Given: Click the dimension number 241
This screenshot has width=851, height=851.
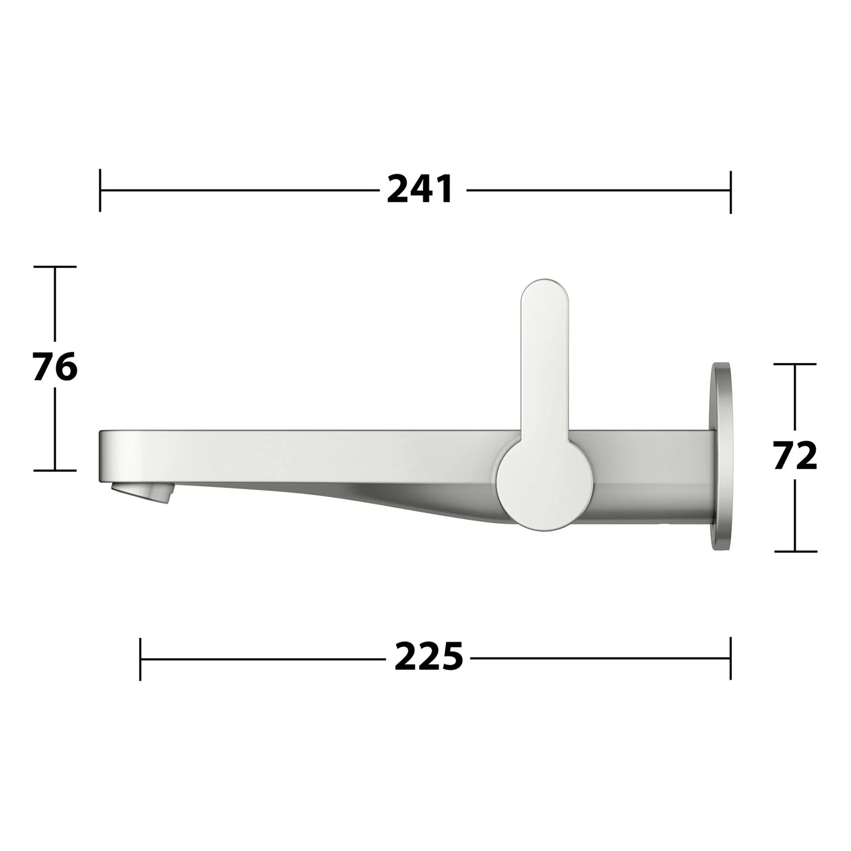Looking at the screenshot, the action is point(420,189).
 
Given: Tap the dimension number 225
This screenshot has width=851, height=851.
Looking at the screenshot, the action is point(428,658).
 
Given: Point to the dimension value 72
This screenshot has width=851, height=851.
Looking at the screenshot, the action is point(795,456).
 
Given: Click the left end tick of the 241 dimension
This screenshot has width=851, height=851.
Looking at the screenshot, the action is point(100,189).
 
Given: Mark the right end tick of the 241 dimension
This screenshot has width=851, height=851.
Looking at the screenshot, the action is point(730,191).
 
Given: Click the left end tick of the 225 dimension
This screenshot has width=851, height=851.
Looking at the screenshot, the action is point(140,659).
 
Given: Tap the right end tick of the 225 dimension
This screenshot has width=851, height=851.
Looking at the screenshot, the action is point(730,658).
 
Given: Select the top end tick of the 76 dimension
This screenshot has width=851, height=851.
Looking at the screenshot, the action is point(54,267).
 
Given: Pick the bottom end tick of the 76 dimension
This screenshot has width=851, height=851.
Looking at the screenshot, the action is point(54,470).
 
